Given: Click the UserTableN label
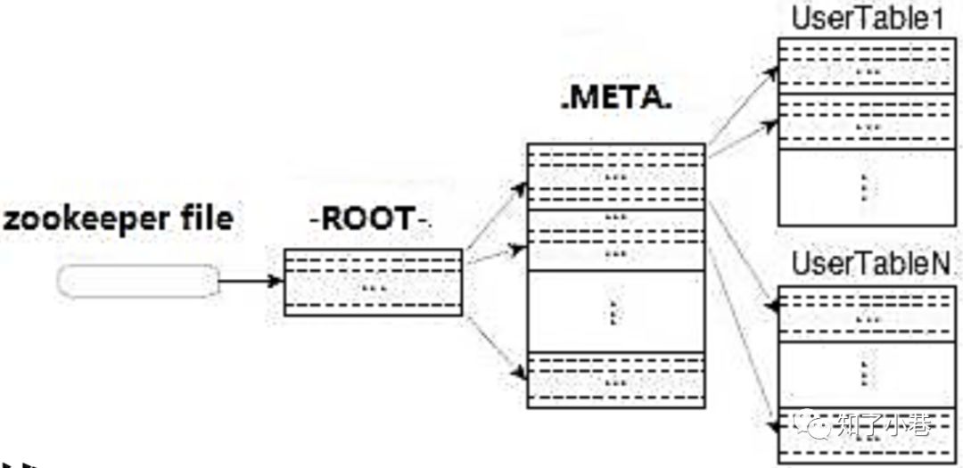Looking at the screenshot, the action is coord(871,265).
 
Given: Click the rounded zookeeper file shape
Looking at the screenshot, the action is coord(137,282).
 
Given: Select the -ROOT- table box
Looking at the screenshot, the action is coord(373,282).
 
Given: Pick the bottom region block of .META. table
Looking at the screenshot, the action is coord(615,381).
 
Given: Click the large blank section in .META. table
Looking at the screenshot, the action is coord(615,312).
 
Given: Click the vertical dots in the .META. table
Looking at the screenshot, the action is coord(613,312).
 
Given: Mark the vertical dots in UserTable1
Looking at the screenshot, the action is coord(863,187).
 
